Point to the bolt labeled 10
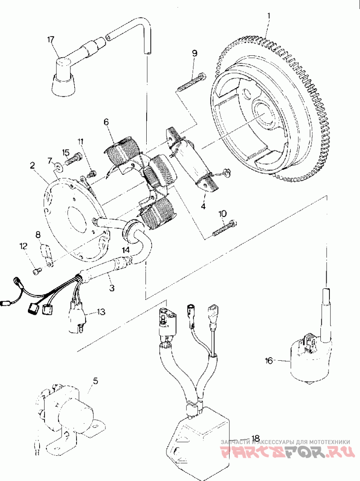tap(222, 229)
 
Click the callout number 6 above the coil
tap(106, 122)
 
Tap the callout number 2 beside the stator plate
tap(32, 165)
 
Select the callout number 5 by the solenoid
tap(95, 381)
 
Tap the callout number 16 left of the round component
tap(269, 361)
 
